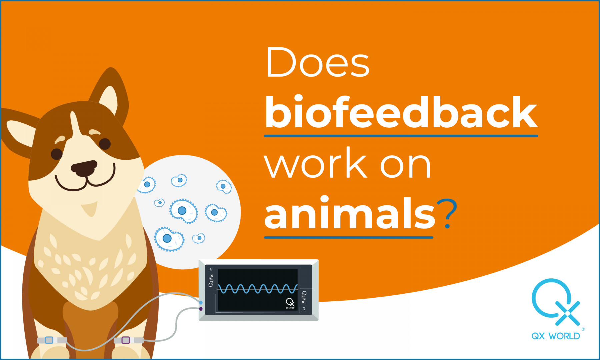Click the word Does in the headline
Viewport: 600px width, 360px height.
tap(318, 62)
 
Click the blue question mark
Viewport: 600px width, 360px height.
tap(447, 213)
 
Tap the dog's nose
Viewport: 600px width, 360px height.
tap(84, 168)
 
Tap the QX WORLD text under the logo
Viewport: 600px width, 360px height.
tap(556, 336)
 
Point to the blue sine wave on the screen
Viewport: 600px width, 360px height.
tap(258, 289)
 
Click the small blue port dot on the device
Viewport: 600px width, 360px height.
tap(201, 303)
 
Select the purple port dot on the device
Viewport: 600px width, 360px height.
tap(201, 309)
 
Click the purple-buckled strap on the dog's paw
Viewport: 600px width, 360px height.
tap(128, 340)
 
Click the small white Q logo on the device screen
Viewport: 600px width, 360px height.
tap(290, 303)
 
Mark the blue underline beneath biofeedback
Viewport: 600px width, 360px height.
tap(401, 136)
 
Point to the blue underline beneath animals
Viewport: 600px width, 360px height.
tap(348, 237)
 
